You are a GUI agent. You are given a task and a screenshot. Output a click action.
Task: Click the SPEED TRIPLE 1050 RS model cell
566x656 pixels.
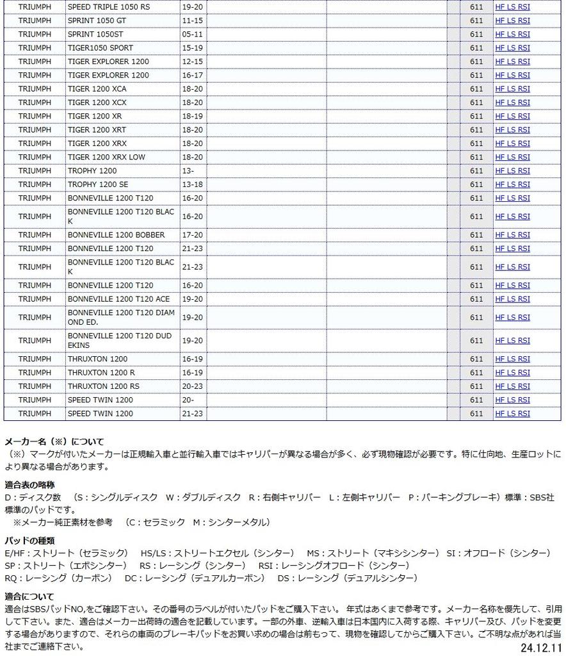coord(109,6)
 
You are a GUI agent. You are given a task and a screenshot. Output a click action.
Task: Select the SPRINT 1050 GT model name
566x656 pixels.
coord(101,20)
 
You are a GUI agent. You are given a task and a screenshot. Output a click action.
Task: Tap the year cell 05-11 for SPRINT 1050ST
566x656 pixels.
coord(192,34)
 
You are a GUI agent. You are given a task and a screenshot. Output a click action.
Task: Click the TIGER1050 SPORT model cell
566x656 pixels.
coord(101,48)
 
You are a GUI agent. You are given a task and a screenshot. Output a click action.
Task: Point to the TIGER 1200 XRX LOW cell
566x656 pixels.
coord(106,157)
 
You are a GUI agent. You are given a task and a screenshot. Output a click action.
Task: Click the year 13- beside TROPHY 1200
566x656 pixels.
coord(188,171)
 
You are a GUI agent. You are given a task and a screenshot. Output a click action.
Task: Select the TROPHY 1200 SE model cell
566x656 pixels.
coord(98,184)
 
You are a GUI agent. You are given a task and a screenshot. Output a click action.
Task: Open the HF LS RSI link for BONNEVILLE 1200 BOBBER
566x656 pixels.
coord(512,235)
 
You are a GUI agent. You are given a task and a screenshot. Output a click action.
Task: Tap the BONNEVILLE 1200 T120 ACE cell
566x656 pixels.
coord(119,299)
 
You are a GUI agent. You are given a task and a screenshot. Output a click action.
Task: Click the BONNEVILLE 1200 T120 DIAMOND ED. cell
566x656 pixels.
coord(120,317)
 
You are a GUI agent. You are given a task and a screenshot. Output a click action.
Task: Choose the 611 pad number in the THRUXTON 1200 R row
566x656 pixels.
coord(476,373)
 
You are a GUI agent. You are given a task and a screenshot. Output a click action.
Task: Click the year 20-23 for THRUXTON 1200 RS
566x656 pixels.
coord(192,386)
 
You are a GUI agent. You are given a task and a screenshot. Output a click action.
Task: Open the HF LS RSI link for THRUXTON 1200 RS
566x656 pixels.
coord(512,386)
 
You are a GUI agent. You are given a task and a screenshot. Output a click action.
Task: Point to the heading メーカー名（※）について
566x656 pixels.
coord(54,442)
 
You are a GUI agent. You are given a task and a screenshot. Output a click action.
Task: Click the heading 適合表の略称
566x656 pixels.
coord(29,485)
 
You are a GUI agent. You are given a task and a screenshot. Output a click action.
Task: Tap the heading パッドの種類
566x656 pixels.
coord(29,541)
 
